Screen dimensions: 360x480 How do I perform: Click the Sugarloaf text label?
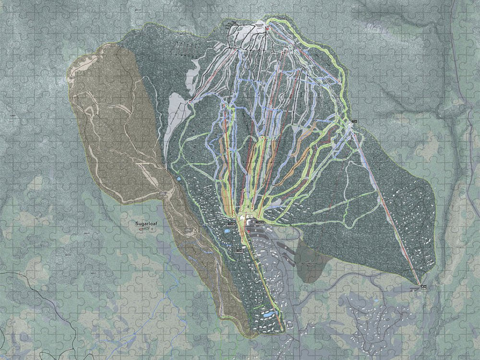point(146,224)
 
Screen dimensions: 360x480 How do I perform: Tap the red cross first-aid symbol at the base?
point(249,232)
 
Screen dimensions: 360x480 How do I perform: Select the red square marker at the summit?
point(267,29)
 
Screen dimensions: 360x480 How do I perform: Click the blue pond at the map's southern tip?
point(268,315)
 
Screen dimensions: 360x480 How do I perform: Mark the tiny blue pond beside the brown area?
point(179,178)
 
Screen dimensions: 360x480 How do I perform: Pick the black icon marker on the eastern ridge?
point(355,120)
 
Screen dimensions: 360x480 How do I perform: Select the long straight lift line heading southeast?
point(389,206)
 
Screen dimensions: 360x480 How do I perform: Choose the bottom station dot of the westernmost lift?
point(191,102)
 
